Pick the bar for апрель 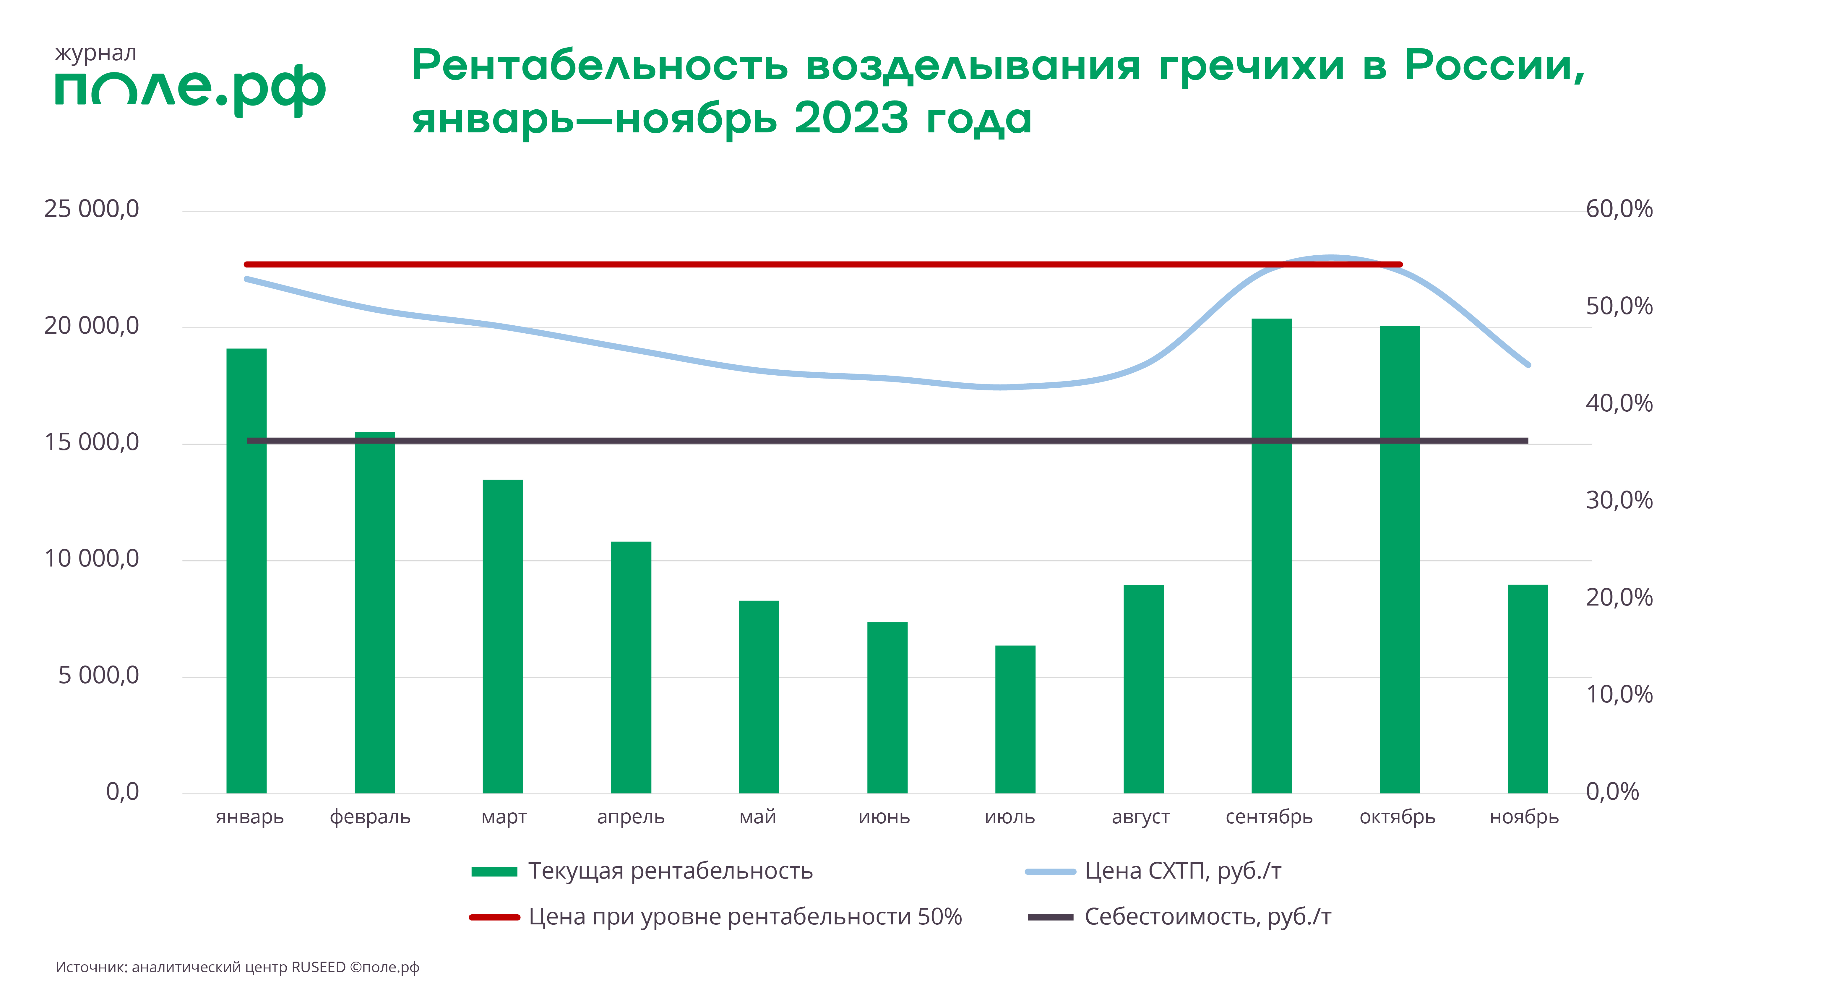(631, 667)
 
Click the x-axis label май (758, 817)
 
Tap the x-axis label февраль (370, 817)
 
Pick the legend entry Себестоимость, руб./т (1207, 917)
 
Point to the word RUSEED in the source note (318, 967)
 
